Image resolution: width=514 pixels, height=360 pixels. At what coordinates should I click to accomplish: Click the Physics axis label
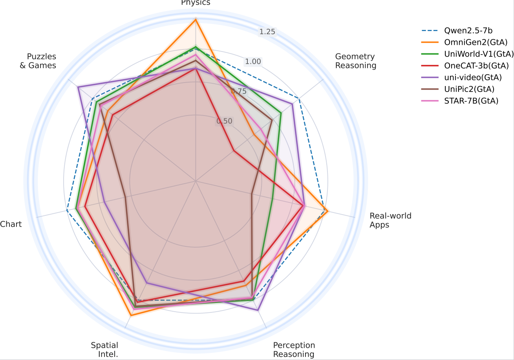196,3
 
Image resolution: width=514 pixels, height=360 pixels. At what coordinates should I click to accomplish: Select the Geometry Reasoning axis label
355,61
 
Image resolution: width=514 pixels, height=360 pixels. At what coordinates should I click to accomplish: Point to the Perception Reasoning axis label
294,349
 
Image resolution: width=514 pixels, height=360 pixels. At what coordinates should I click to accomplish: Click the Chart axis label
11,224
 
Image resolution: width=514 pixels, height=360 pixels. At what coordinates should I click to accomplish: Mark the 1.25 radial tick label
267,32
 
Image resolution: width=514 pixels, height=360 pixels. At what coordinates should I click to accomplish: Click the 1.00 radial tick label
252,62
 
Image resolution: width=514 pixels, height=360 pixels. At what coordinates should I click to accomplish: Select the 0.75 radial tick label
238,91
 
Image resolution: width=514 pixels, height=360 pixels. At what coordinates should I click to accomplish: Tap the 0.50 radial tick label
224,121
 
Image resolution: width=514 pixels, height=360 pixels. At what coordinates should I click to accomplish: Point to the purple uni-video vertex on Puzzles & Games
78,87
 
